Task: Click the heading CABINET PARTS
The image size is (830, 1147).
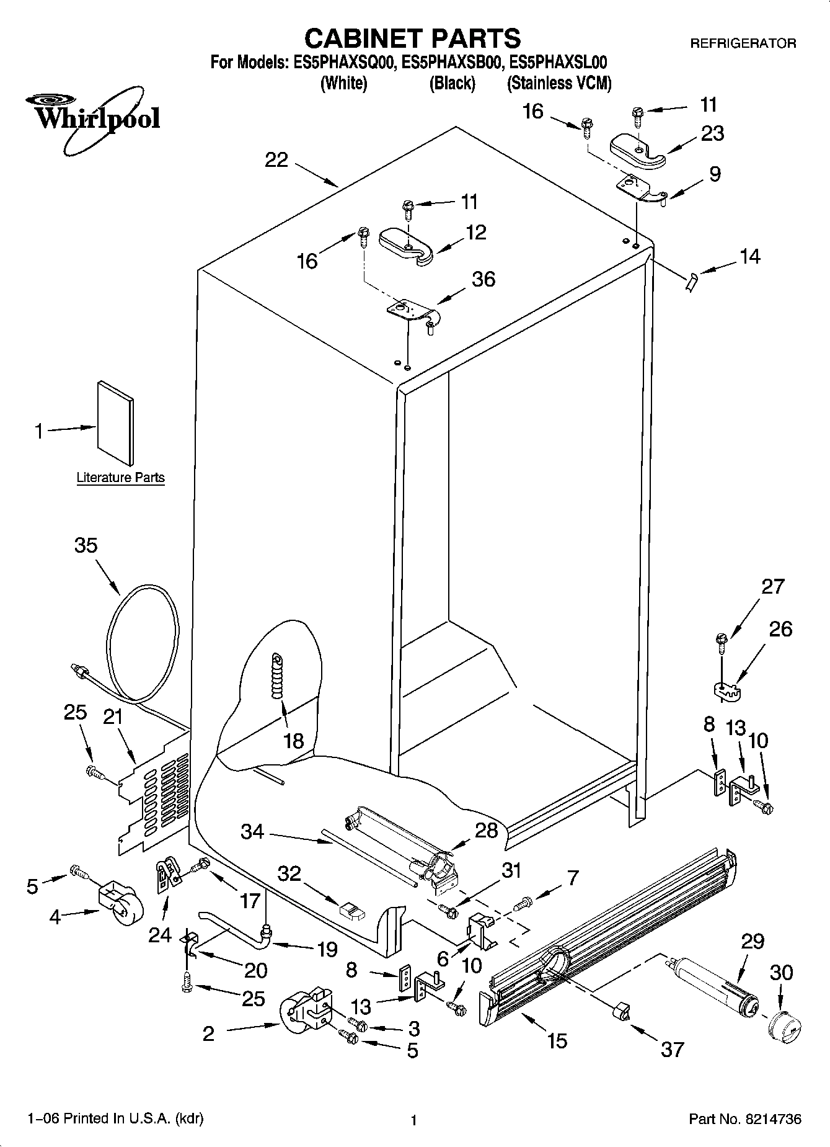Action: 412,38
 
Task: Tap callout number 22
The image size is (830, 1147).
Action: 276,160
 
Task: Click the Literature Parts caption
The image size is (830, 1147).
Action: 120,478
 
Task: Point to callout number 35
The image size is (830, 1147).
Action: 86,545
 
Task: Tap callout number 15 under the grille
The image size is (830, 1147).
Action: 557,1040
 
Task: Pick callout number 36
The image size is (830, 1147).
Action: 483,279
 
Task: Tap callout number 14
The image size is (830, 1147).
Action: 749,256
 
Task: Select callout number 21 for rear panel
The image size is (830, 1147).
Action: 112,717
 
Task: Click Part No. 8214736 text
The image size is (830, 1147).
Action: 744,1119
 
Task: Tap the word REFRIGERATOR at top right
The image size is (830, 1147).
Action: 743,43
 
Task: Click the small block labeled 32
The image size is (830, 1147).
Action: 351,911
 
